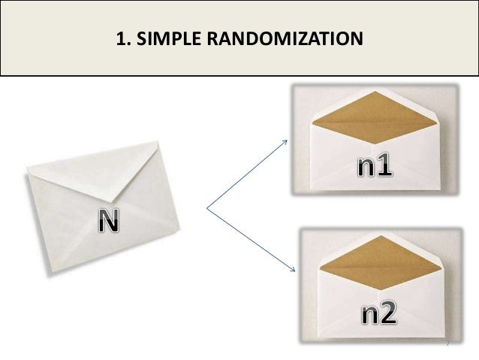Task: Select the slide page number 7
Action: point(447,343)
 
